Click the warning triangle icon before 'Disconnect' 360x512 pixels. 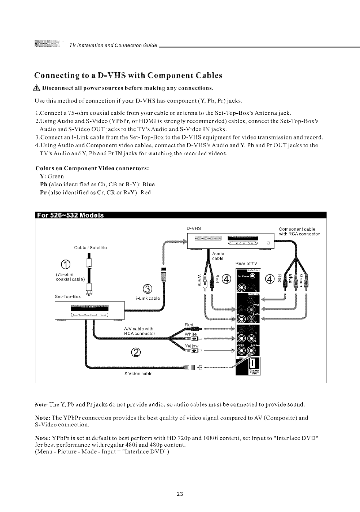click(38, 88)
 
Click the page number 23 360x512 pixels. click(180, 494)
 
